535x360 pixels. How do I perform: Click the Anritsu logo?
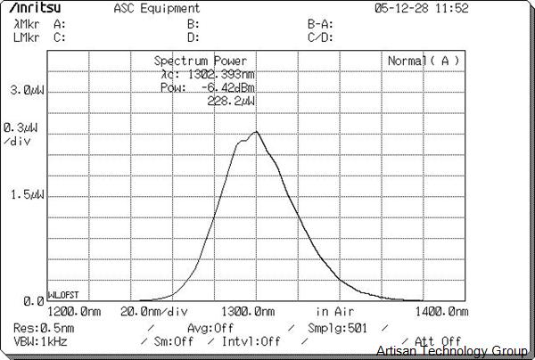[x=42, y=9]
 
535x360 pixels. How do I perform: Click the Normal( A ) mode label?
[x=424, y=61]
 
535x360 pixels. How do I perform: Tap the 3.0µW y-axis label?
[x=26, y=91]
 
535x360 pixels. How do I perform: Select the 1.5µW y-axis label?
[x=26, y=195]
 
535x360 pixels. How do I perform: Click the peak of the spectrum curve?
[x=256, y=132]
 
